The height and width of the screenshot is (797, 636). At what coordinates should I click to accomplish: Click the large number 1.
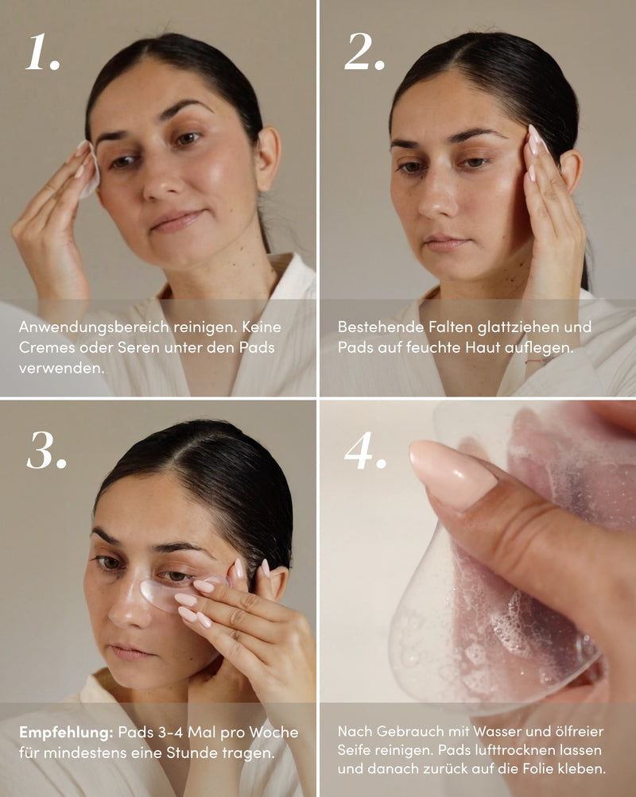pyautogui.click(x=43, y=52)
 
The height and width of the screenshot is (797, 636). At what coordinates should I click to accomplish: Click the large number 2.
pyautogui.click(x=364, y=52)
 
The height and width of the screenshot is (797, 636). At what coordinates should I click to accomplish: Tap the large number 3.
pyautogui.click(x=46, y=451)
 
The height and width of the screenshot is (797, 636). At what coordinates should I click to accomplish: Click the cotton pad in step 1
pyautogui.click(x=91, y=170)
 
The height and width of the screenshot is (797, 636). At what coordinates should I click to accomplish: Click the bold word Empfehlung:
pyautogui.click(x=65, y=733)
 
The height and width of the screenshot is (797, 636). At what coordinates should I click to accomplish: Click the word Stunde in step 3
pyautogui.click(x=194, y=753)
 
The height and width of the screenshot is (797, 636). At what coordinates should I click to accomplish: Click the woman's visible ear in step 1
pyautogui.click(x=269, y=159)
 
